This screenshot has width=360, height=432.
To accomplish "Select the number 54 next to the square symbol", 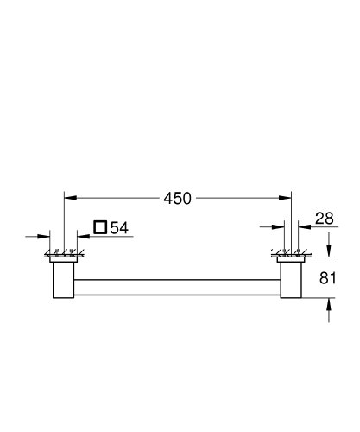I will click(x=118, y=228).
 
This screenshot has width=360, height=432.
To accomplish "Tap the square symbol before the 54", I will click(x=100, y=228).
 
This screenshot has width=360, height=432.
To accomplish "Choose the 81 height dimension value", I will click(x=329, y=277).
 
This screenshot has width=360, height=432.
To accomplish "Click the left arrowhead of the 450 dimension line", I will click(x=69, y=198).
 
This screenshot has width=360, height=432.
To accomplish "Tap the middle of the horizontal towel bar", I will click(x=178, y=283).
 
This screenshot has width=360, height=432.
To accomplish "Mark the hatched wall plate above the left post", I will click(x=64, y=256).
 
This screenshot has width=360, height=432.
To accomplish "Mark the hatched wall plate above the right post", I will click(x=291, y=256).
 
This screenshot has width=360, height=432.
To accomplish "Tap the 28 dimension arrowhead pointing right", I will click(x=281, y=228).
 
